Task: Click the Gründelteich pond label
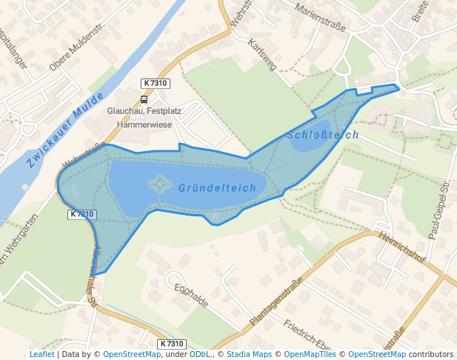point(217,188)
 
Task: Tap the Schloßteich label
point(323,135)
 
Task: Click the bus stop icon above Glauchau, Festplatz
point(144,99)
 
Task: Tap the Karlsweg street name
point(263,54)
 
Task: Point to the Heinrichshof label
point(401,247)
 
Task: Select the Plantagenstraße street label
point(276,302)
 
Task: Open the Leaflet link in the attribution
point(41,354)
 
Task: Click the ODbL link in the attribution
point(199,354)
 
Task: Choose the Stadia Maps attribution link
point(249,354)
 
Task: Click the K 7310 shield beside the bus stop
point(156,84)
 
